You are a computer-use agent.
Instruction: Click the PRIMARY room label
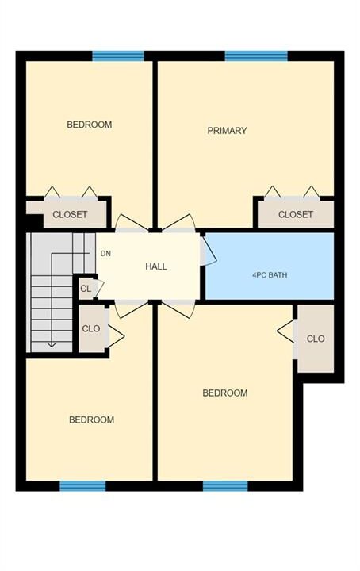tap(227, 130)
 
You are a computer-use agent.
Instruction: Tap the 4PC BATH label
tap(270, 275)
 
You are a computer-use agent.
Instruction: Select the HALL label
tap(156, 266)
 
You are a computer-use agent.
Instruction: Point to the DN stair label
tap(105, 254)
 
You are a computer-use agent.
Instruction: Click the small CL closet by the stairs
tap(86, 289)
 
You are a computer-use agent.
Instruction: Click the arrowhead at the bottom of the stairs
tap(52, 343)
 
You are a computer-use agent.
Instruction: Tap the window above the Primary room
tap(256, 56)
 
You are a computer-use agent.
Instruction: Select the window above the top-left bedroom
tap(118, 56)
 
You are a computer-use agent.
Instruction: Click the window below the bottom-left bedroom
tap(82, 486)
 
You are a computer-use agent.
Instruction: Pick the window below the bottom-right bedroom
tap(225, 486)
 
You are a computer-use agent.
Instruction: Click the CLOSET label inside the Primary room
tap(296, 214)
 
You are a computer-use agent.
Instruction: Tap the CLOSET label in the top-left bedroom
tap(70, 214)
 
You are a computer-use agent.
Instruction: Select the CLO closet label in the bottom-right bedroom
tap(316, 339)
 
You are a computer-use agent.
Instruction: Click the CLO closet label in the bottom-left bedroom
tap(91, 329)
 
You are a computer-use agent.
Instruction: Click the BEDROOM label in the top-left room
tap(89, 125)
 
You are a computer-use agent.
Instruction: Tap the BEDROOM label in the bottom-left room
tap(91, 420)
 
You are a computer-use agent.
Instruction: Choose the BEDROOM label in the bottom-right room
tap(225, 393)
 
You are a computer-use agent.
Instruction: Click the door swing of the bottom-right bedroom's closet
tap(286, 331)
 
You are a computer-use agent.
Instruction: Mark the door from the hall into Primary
tap(178, 223)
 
